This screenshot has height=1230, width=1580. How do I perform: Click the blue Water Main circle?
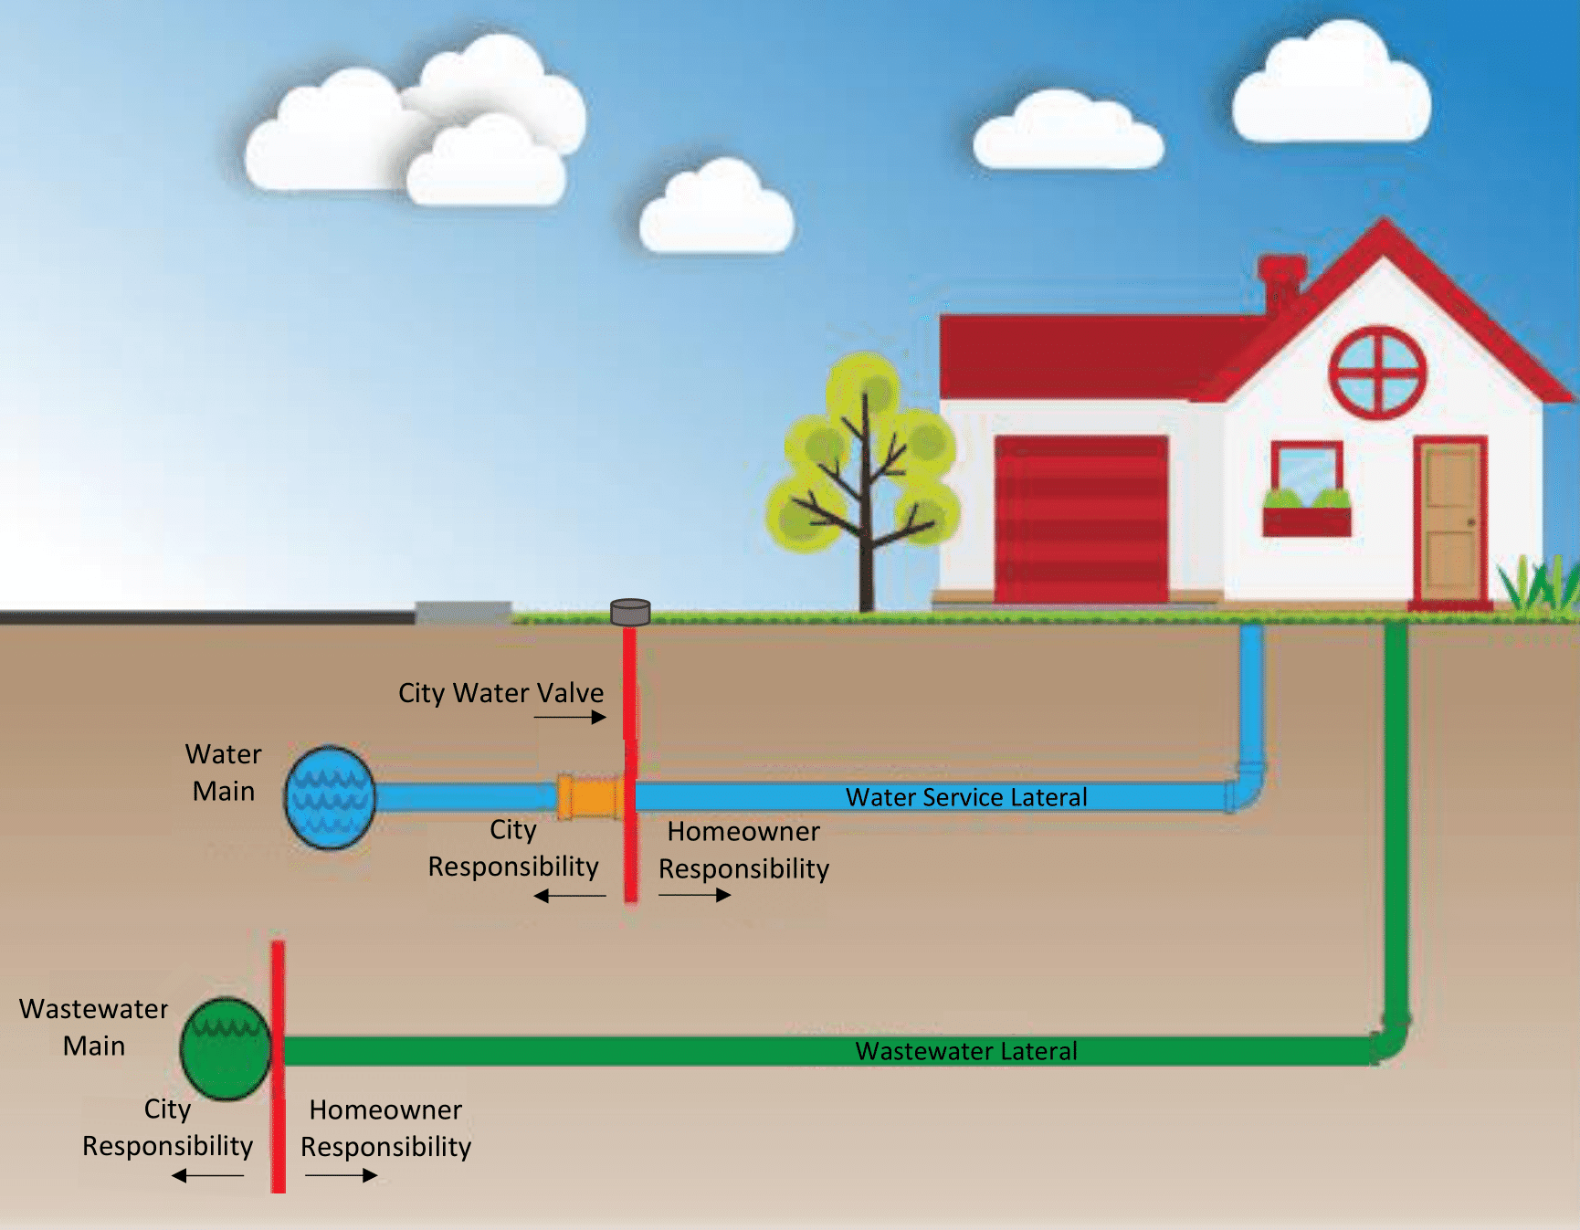(330, 797)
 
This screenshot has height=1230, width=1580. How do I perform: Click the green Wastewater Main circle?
(226, 1048)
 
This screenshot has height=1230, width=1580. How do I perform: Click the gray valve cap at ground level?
(630, 612)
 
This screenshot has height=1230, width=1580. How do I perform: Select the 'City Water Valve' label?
(500, 693)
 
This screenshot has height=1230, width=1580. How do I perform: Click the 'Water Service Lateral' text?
(966, 797)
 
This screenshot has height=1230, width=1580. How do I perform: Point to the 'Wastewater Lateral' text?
(966, 1051)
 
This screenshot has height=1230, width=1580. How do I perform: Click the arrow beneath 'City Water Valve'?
(570, 717)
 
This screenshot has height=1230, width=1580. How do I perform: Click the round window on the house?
(1376, 373)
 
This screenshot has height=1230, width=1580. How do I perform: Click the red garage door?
(1081, 519)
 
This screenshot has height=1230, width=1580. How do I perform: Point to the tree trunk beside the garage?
(866, 566)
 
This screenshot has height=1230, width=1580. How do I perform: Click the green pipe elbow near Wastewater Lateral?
(1390, 1036)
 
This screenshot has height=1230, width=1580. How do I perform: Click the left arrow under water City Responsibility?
(570, 896)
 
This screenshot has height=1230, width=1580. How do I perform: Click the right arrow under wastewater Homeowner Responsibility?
(341, 1175)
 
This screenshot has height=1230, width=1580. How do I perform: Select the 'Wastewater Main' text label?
(94, 1027)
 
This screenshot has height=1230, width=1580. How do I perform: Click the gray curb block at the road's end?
(463, 612)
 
